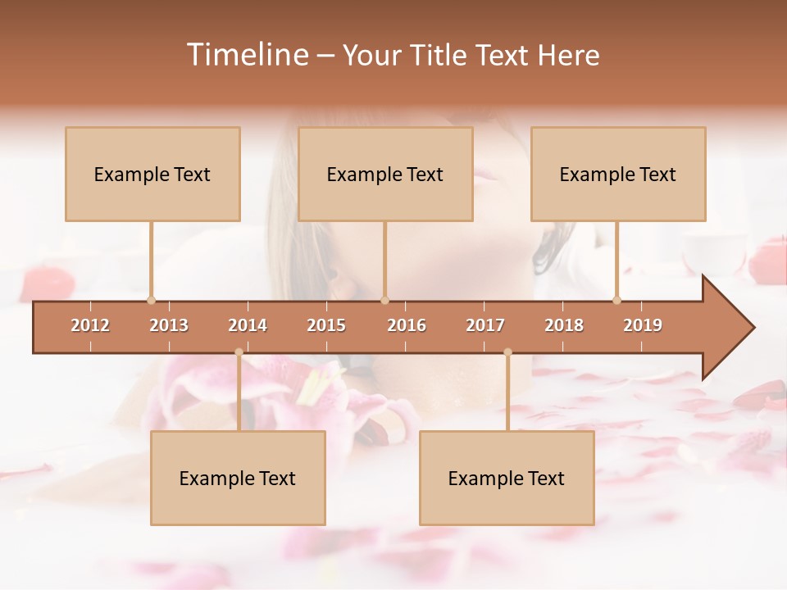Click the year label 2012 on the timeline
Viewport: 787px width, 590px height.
point(90,325)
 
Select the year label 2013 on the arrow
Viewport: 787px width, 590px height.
point(169,325)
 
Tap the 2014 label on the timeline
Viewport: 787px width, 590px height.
point(248,325)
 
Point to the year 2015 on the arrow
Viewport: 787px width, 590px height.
point(326,325)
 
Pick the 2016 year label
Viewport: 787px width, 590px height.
point(407,325)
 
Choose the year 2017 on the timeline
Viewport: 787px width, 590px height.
point(485,325)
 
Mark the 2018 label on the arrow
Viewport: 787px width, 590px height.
point(564,325)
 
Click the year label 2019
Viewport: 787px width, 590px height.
point(643,325)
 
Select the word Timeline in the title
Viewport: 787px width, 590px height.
point(246,55)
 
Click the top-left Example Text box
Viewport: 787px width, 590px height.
point(152,174)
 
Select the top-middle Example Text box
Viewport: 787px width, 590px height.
point(385,174)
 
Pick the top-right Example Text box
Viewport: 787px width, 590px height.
point(618,174)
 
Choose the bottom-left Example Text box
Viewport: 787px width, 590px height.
point(238,478)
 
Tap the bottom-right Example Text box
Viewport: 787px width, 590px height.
point(507,478)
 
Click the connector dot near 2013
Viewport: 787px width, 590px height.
point(151,300)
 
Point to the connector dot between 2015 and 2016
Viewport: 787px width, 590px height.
point(384,300)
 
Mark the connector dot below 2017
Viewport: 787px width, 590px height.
point(507,352)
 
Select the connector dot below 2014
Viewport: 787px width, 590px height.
point(239,352)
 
